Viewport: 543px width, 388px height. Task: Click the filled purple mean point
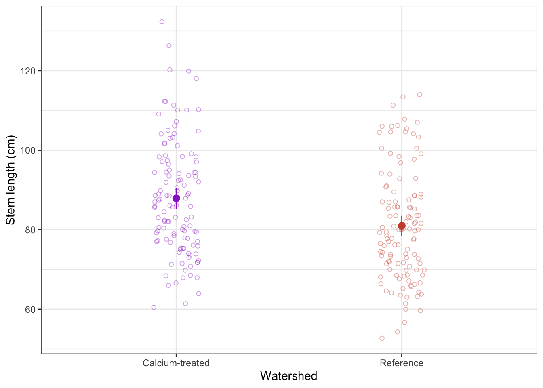[176, 198]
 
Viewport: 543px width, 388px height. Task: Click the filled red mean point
[402, 226]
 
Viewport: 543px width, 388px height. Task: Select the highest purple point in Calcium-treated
[162, 22]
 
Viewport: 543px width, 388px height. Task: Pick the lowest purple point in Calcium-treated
[154, 307]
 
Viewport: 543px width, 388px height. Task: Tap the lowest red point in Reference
[382, 338]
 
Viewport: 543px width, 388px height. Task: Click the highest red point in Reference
[419, 95]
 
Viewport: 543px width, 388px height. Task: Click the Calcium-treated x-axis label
[176, 363]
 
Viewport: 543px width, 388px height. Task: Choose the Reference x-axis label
[402, 363]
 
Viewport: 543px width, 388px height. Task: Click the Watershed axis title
[288, 376]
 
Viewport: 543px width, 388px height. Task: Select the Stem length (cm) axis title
[11, 180]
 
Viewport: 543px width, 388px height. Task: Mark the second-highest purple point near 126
[169, 46]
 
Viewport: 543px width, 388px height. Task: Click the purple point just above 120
[170, 70]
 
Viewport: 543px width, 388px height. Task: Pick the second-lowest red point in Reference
[397, 332]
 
